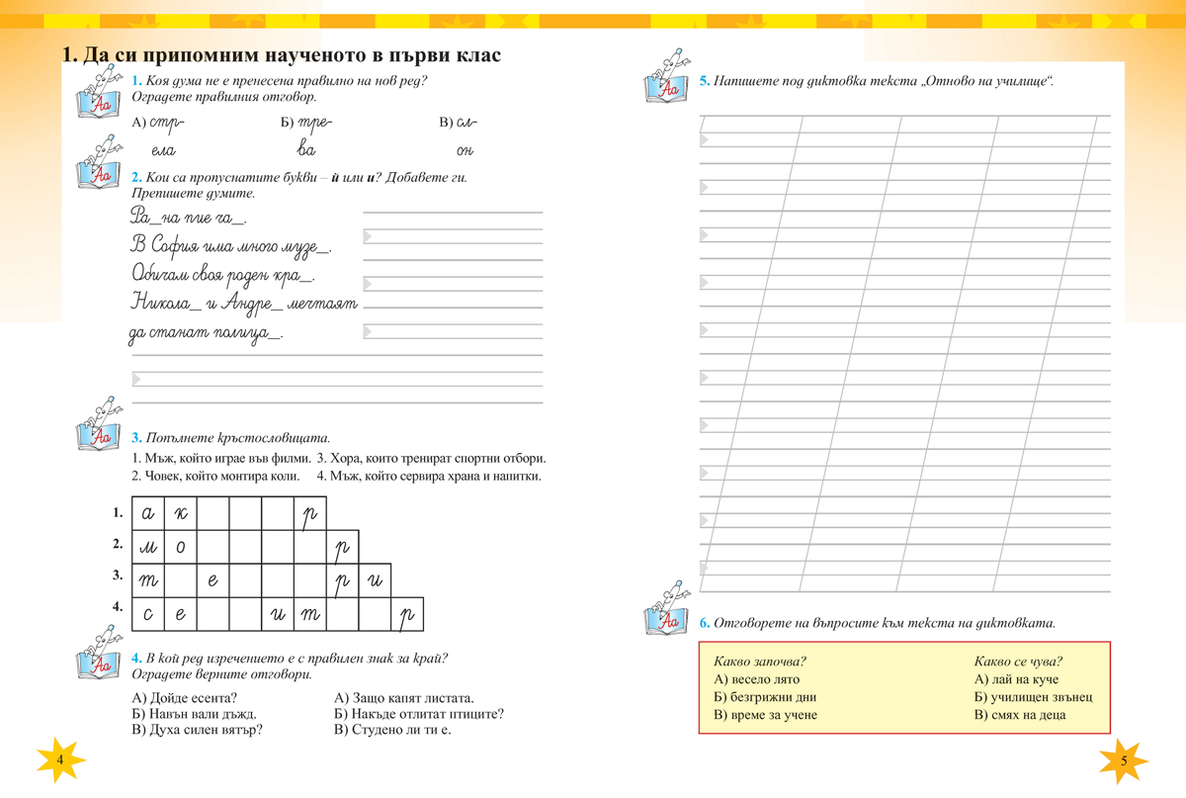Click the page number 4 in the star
coord(60,758)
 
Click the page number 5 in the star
coord(1125,759)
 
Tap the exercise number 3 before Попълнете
coord(135,437)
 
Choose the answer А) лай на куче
coord(1016,679)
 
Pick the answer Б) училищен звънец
coord(1033,697)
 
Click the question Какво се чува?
coord(1025,662)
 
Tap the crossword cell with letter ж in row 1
coord(180,513)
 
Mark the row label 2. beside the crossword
coord(117,543)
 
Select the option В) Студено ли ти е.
coord(393,731)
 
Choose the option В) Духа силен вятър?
coord(196,731)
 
